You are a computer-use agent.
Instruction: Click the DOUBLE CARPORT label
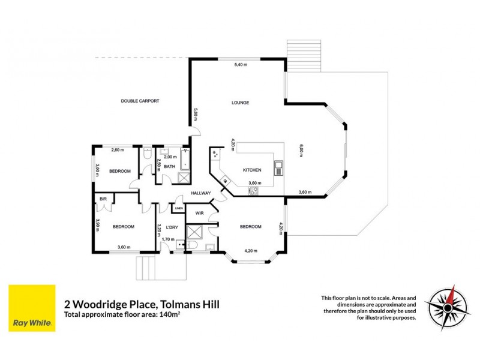pyautogui.click(x=140, y=101)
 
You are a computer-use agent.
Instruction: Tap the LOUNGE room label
pyautogui.click(x=240, y=103)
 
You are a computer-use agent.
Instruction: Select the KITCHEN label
pyautogui.click(x=252, y=170)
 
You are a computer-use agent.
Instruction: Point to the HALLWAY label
pyautogui.click(x=200, y=193)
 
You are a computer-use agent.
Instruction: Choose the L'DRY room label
pyautogui.click(x=172, y=227)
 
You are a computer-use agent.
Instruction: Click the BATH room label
pyautogui.click(x=170, y=167)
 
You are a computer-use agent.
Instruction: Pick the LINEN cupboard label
pyautogui.click(x=179, y=208)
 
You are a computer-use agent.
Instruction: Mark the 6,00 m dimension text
pyautogui.click(x=301, y=149)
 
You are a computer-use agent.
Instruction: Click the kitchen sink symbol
pyautogui.click(x=278, y=166)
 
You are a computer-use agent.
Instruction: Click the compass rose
pyautogui.click(x=448, y=307)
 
